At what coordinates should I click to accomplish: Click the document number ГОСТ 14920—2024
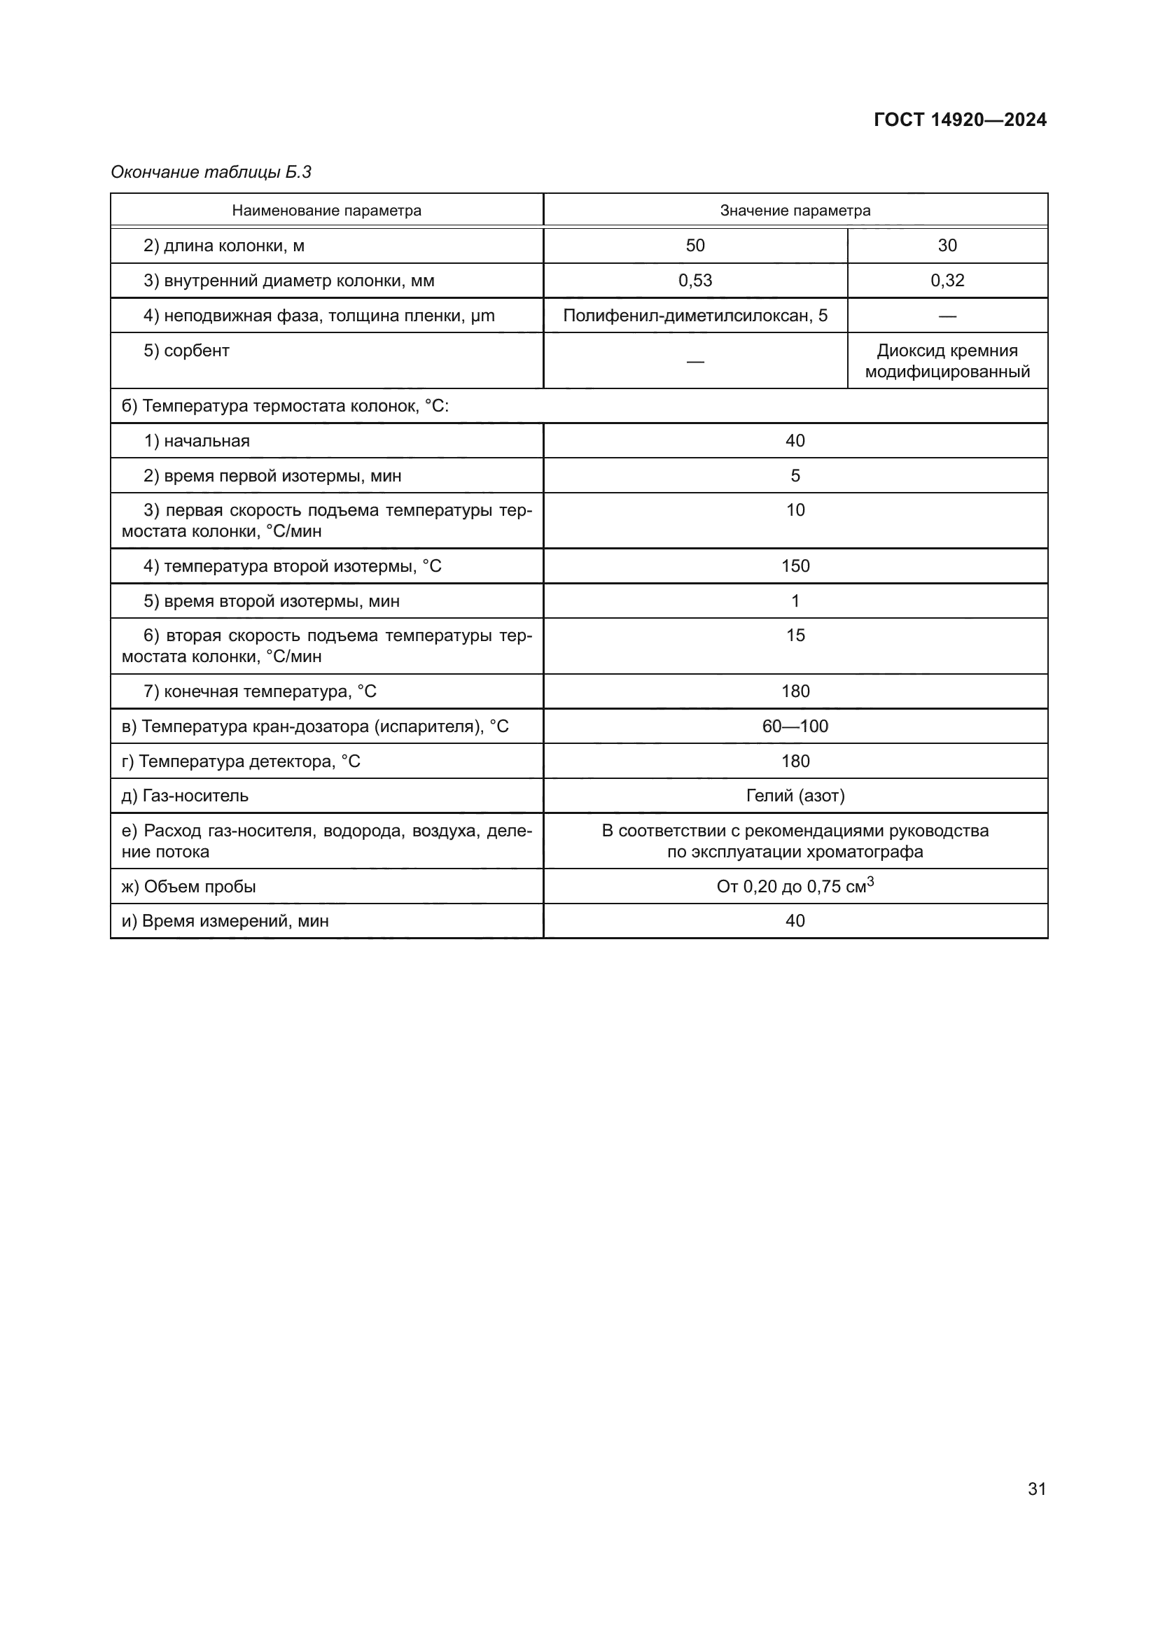(x=960, y=120)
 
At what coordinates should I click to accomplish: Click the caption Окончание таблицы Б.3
(x=211, y=172)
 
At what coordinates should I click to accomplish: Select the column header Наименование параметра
(x=326, y=211)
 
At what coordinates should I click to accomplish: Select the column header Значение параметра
(x=795, y=211)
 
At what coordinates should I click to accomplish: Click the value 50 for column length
(x=695, y=245)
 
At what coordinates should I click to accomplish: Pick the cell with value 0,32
(x=947, y=280)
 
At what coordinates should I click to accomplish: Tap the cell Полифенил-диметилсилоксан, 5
(x=695, y=315)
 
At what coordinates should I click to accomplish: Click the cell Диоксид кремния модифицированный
(x=947, y=360)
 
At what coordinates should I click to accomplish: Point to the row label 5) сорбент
(x=186, y=351)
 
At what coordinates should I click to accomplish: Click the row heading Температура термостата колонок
(x=285, y=406)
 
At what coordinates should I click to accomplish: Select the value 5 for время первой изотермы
(x=795, y=475)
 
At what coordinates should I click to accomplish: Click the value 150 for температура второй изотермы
(x=795, y=566)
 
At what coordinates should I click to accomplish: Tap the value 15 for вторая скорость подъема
(x=795, y=635)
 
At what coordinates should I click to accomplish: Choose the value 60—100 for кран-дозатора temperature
(x=795, y=726)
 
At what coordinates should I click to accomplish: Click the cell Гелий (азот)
(x=795, y=796)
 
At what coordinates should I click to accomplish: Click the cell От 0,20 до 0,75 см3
(x=795, y=886)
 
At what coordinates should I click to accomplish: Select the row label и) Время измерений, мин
(x=225, y=921)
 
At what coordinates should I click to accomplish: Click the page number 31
(x=1037, y=1489)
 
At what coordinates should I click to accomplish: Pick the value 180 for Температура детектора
(x=795, y=761)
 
